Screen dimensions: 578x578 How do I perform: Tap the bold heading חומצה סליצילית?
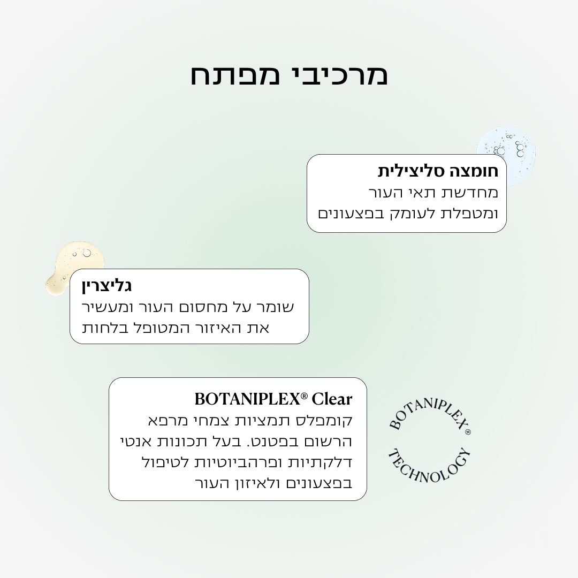pyautogui.click(x=438, y=171)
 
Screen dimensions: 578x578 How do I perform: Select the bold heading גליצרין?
pyautogui.click(x=107, y=286)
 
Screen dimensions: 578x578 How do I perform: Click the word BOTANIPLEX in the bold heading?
pyautogui.click(x=247, y=399)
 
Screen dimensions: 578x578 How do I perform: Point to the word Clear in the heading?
pyautogui.click(x=332, y=399)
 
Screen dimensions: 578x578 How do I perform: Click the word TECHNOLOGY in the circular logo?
pyautogui.click(x=430, y=466)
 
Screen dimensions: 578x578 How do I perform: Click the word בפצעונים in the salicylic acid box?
pyautogui.click(x=349, y=214)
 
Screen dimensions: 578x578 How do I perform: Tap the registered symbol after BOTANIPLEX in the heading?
pyautogui.click(x=304, y=396)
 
